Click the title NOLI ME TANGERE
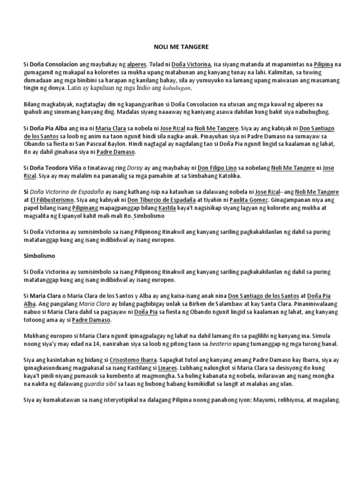point(180,47)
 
